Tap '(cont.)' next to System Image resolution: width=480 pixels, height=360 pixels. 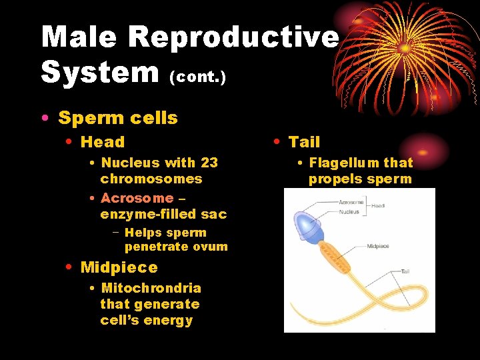coord(198,77)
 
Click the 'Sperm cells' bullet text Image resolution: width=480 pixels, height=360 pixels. coord(118,118)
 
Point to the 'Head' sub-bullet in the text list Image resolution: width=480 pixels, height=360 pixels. coord(102,142)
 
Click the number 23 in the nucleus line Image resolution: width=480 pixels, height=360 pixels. coord(209,163)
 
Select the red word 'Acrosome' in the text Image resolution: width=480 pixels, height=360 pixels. coord(137,198)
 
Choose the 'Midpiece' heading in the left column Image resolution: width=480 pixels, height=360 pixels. coord(119,267)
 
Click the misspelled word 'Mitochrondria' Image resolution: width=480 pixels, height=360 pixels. coord(151,288)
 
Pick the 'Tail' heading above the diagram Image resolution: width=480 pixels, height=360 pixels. coord(304,142)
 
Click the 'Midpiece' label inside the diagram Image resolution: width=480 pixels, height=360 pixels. coord(379,246)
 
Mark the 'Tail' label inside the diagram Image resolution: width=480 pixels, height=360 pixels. coord(406,271)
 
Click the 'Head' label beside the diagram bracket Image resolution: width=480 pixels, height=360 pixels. coord(379,206)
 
